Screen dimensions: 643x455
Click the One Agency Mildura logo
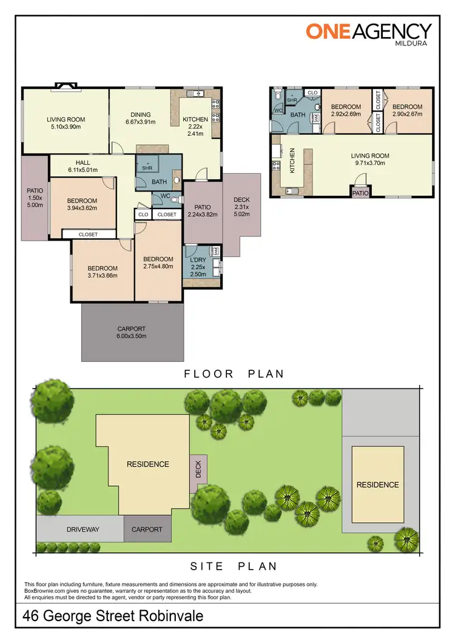click(368, 33)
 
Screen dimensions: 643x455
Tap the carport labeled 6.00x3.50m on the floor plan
click(132, 332)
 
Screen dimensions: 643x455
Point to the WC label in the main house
click(164, 196)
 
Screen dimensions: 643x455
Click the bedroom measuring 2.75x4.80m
click(158, 262)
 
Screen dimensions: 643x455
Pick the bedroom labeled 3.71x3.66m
click(102, 272)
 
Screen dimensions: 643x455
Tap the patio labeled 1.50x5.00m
click(35, 198)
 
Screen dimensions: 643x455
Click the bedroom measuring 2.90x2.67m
click(407, 110)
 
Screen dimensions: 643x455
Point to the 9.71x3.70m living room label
click(370, 159)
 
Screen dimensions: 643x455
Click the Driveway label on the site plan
click(83, 529)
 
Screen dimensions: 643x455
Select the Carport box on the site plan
click(147, 529)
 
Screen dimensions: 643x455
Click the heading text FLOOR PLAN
click(234, 373)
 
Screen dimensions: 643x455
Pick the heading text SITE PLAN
click(234, 566)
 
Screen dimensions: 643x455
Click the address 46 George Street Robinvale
click(113, 617)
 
